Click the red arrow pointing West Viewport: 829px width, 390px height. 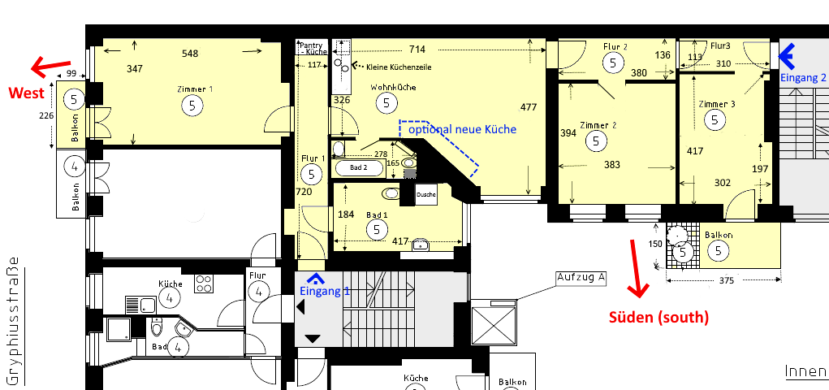(51, 66)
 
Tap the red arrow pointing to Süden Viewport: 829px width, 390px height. (637, 268)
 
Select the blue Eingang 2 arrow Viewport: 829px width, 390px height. (788, 57)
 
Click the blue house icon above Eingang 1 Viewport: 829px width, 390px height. (316, 279)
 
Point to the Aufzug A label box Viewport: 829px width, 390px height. (581, 279)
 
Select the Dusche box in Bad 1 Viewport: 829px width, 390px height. (426, 195)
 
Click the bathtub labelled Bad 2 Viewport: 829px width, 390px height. (359, 168)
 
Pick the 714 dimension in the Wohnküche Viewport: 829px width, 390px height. (417, 50)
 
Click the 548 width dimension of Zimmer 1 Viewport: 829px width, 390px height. (190, 54)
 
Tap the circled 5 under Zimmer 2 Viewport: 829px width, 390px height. (596, 141)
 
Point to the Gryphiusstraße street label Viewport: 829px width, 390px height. (15, 321)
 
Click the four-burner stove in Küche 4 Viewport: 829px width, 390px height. (204, 284)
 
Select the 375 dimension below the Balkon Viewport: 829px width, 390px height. (727, 281)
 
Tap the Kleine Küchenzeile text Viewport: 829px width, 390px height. (399, 67)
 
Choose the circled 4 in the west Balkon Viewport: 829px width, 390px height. (75, 167)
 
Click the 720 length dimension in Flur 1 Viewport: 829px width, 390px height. (304, 192)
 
